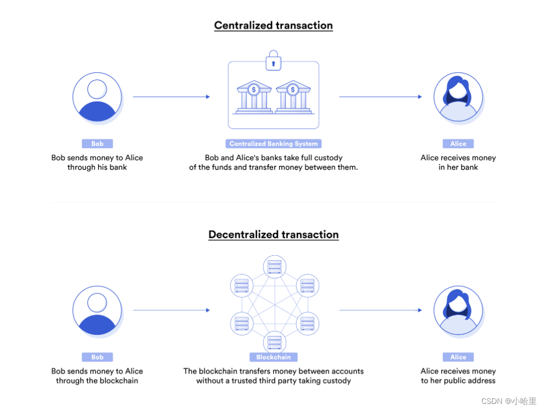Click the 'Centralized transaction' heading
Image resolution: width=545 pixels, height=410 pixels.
(x=273, y=25)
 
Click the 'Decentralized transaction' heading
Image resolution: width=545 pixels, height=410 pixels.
(x=273, y=234)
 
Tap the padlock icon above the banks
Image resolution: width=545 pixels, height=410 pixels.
(x=274, y=61)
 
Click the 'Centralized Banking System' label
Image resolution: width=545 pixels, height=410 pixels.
(x=274, y=144)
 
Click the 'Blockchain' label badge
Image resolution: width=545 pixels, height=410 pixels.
(x=274, y=357)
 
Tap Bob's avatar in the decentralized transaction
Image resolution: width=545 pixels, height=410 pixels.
(x=97, y=311)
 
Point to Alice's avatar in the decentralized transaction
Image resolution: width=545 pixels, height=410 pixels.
(x=458, y=311)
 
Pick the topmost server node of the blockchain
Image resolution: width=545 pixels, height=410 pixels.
(x=275, y=266)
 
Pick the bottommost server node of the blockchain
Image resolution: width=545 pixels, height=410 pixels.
(x=275, y=342)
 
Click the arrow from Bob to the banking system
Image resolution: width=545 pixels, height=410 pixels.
(x=171, y=97)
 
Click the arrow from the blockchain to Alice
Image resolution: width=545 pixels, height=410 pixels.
(x=380, y=310)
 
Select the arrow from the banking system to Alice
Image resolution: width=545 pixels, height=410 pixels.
(x=380, y=97)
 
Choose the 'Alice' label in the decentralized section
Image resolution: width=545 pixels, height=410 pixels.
(x=458, y=357)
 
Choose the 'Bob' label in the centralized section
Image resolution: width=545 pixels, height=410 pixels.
(x=97, y=144)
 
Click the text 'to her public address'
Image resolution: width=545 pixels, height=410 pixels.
(x=458, y=381)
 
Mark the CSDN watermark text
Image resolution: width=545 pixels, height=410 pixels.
(x=509, y=401)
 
